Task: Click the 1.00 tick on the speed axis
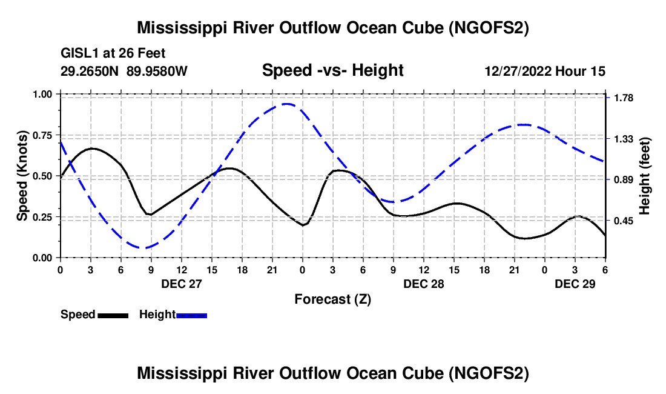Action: pyautogui.click(x=44, y=95)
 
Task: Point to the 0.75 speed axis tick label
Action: pyautogui.click(x=44, y=135)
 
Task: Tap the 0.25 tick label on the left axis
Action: pyautogui.click(x=44, y=217)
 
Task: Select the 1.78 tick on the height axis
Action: pyautogui.click(x=624, y=98)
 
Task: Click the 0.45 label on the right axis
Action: pyautogui.click(x=624, y=221)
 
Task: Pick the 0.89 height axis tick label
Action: pyautogui.click(x=624, y=180)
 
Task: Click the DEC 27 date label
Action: pyautogui.click(x=181, y=284)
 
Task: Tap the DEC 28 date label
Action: pyautogui.click(x=424, y=284)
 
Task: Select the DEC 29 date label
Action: pyautogui.click(x=575, y=284)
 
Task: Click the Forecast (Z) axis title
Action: pyautogui.click(x=332, y=299)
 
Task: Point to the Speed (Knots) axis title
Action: pyautogui.click(x=22, y=176)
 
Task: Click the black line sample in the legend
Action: pyautogui.click(x=113, y=315)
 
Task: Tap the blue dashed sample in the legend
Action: pyautogui.click(x=192, y=315)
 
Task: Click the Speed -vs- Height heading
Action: pyautogui.click(x=332, y=71)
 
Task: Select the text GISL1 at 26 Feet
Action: pyautogui.click(x=113, y=53)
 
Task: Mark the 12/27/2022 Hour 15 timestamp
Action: pyautogui.click(x=545, y=72)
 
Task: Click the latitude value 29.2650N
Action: pyautogui.click(x=91, y=72)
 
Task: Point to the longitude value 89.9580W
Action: pyautogui.click(x=157, y=72)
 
